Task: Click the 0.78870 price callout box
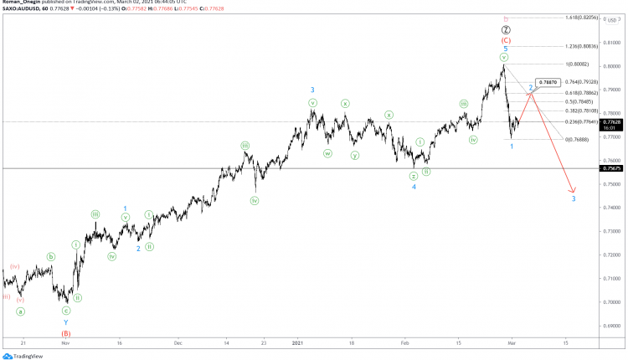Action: pyautogui.click(x=549, y=82)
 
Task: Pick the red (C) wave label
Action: pyautogui.click(x=506, y=39)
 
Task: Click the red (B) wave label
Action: pyautogui.click(x=66, y=333)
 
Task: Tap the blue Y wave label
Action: pyautogui.click(x=66, y=321)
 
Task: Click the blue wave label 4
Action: pyautogui.click(x=413, y=187)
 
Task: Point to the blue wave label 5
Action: pyautogui.click(x=505, y=49)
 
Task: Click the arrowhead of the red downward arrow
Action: pyautogui.click(x=573, y=190)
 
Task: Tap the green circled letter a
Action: pyautogui.click(x=21, y=311)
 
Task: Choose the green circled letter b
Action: pyautogui.click(x=51, y=257)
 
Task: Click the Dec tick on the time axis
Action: pyautogui.click(x=178, y=343)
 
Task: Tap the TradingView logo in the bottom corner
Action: pyautogui.click(x=23, y=354)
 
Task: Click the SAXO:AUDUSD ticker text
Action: pyautogui.click(x=22, y=10)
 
